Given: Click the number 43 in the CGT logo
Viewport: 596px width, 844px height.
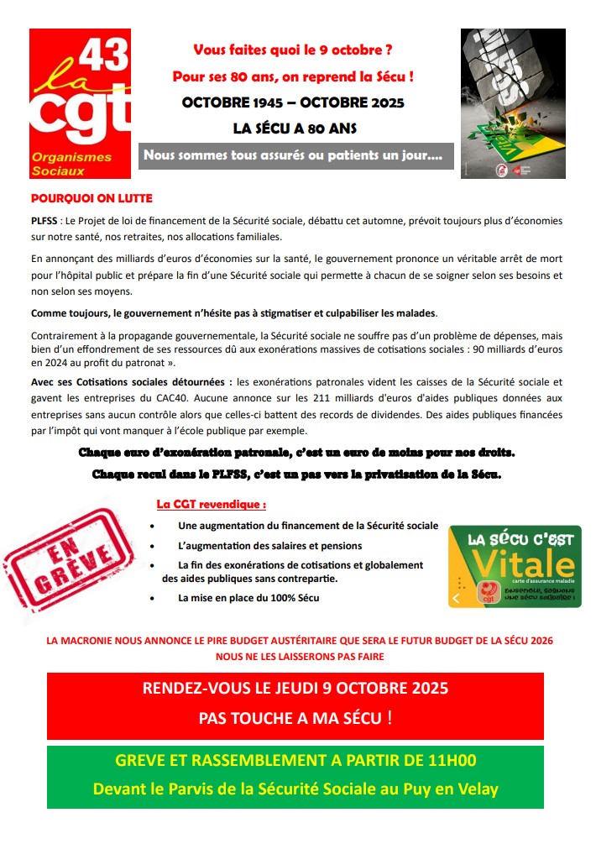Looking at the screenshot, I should pyautogui.click(x=105, y=55).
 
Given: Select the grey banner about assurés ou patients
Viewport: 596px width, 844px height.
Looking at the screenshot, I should pyautogui.click(x=296, y=155).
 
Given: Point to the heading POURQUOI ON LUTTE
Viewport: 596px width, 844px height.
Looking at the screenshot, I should pyautogui.click(x=91, y=199).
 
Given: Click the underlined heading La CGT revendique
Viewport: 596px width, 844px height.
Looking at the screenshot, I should pyautogui.click(x=212, y=506).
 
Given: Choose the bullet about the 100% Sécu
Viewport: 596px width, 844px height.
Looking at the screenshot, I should pyautogui.click(x=248, y=598).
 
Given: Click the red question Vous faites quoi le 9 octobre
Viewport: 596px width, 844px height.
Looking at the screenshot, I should pyautogui.click(x=293, y=50).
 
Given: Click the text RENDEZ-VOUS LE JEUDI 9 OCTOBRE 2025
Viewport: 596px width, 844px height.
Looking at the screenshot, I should pyautogui.click(x=295, y=688).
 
